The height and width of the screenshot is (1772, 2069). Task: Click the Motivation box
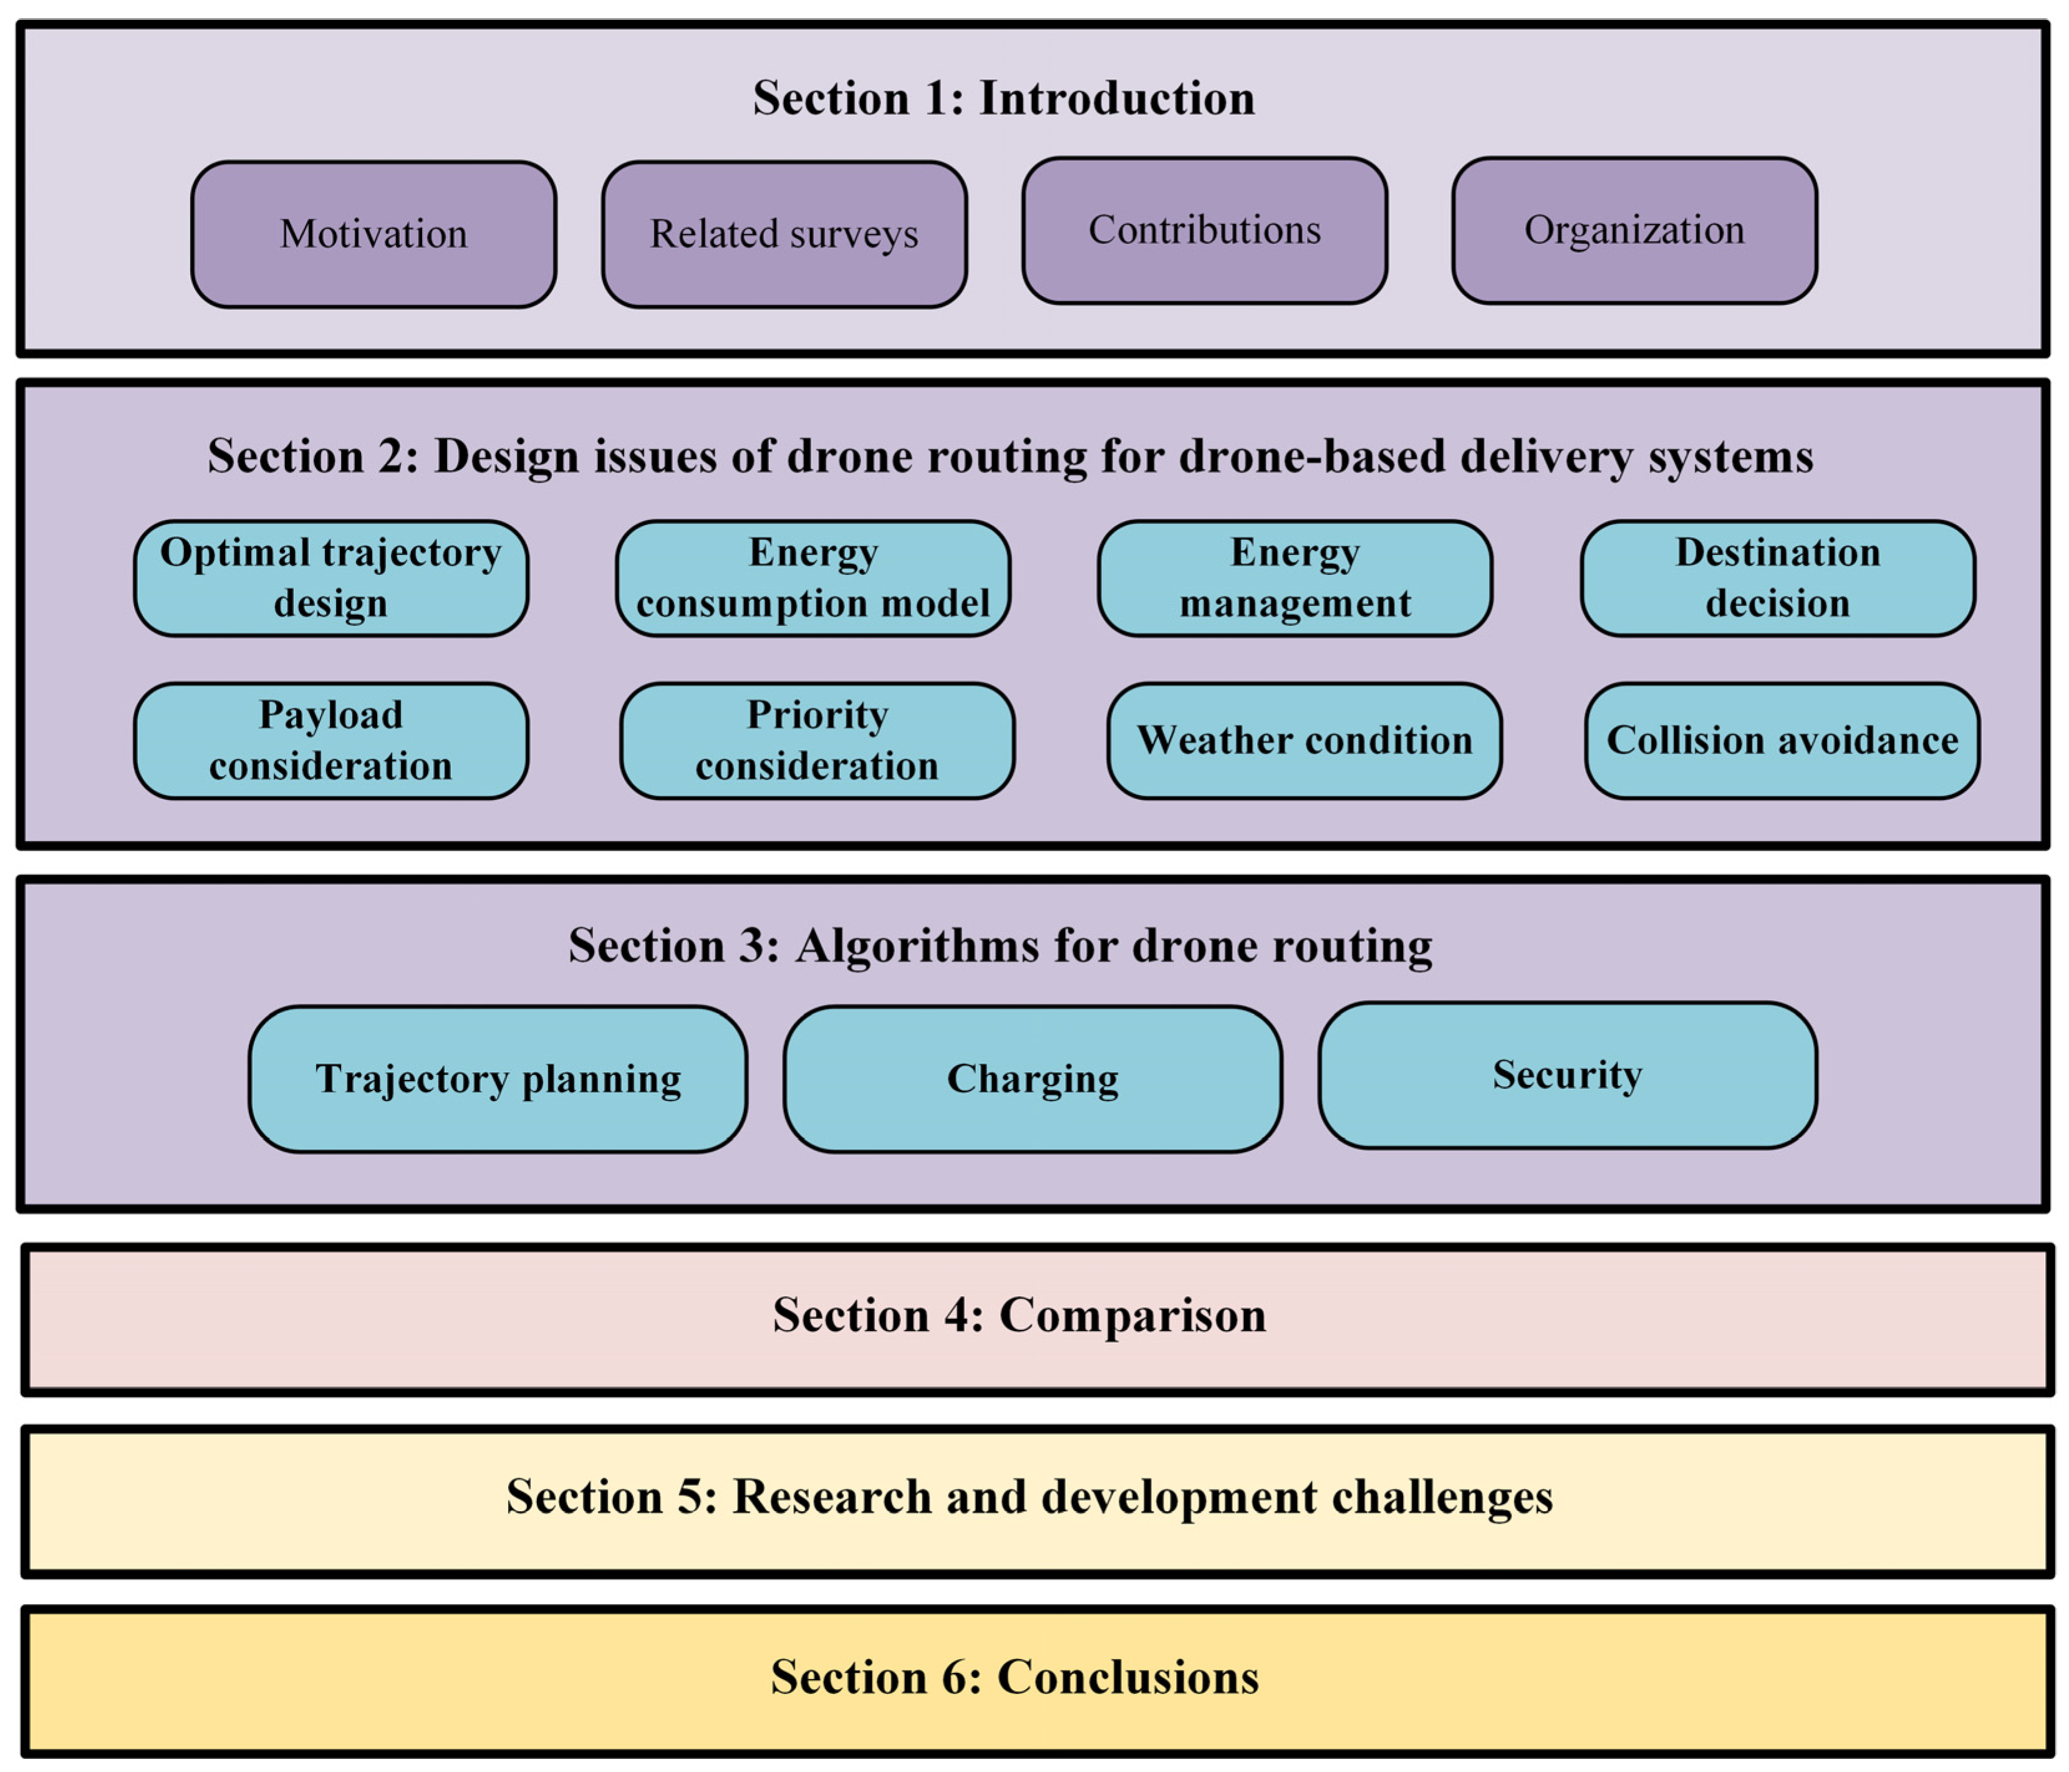tap(374, 234)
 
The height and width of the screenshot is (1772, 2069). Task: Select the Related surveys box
tap(784, 234)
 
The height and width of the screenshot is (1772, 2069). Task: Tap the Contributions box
tap(1204, 231)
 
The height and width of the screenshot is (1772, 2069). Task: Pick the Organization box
tap(1634, 231)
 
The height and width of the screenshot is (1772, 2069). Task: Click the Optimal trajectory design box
tap(330, 578)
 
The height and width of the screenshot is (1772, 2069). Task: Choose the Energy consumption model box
tap(813, 578)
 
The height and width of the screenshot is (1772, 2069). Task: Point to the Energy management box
tap(1295, 578)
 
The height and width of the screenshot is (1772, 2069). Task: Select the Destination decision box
tap(1777, 578)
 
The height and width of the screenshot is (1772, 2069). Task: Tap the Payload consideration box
tap(330, 741)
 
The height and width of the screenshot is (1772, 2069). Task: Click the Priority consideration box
tap(817, 741)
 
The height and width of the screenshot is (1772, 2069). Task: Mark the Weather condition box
tap(1304, 741)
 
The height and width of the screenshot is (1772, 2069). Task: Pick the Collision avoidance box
tap(1782, 741)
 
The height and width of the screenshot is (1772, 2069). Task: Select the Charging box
tap(1033, 1079)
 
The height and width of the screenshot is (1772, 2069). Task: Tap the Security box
tap(1567, 1075)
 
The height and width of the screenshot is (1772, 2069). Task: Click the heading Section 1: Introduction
tap(1003, 98)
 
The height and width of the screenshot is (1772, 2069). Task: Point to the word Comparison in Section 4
tap(1132, 1315)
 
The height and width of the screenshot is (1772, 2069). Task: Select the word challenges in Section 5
tap(1441, 1496)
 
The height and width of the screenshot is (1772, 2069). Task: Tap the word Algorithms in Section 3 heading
tap(917, 945)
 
